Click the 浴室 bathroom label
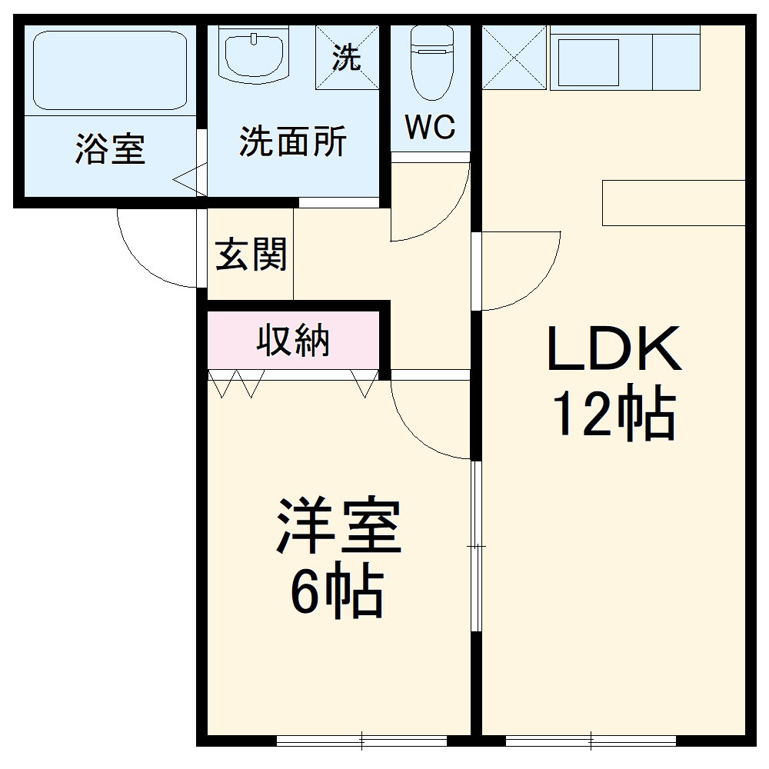(x=110, y=148)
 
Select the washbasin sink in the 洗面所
(x=255, y=53)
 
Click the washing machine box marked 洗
(x=348, y=58)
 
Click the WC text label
(x=430, y=128)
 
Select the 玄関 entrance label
(x=251, y=255)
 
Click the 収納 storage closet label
(x=293, y=341)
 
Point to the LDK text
(x=614, y=350)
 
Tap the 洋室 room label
(x=339, y=527)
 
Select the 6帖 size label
(x=336, y=593)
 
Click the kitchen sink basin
(x=588, y=62)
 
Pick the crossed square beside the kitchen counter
(x=514, y=58)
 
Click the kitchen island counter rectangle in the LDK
(x=674, y=202)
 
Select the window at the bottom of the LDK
(x=591, y=741)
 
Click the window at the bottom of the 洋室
(x=361, y=741)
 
